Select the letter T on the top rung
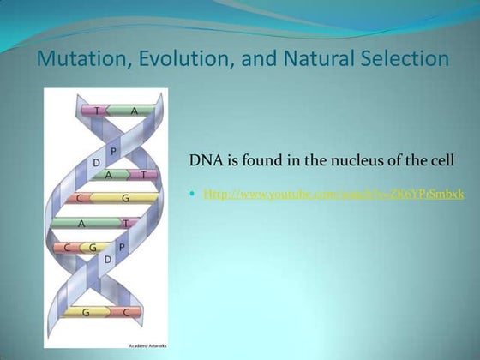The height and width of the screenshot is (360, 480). [x=97, y=111]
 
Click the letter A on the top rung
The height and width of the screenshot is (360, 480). [x=134, y=111]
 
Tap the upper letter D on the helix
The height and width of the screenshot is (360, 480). [x=97, y=161]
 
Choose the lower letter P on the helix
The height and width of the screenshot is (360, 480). [x=121, y=247]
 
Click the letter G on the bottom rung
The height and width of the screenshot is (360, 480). [x=86, y=313]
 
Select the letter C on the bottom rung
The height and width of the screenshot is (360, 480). [x=126, y=313]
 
